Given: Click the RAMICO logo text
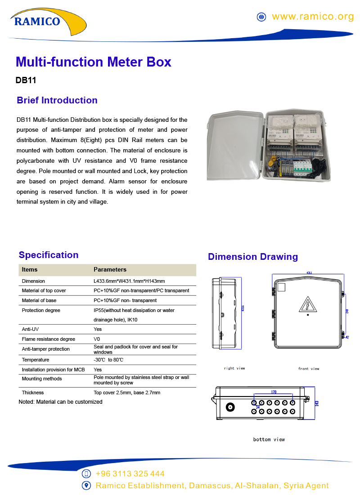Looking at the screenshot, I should (37, 21).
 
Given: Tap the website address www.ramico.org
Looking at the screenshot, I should (313, 17).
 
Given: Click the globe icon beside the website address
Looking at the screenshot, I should (261, 17).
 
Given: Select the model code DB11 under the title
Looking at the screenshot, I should (26, 81).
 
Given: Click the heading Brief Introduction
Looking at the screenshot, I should (57, 100).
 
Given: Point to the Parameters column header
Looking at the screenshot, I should (110, 270).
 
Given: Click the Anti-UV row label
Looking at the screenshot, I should (30, 329).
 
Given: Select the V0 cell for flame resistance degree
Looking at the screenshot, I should (97, 339).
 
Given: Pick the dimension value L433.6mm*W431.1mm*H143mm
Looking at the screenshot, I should (129, 281).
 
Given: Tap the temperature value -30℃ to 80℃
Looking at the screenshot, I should (108, 360).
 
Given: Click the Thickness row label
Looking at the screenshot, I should (32, 392).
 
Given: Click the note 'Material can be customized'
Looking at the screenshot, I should (60, 402).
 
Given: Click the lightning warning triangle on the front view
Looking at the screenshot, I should (308, 304).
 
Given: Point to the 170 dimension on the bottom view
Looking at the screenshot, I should (274, 392).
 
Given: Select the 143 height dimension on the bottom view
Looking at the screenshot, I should (317, 403).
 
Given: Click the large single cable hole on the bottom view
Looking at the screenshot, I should (231, 408).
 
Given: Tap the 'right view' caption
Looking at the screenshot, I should (234, 368).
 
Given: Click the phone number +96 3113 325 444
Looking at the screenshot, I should (130, 474).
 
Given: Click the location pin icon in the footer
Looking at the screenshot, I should (87, 486).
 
